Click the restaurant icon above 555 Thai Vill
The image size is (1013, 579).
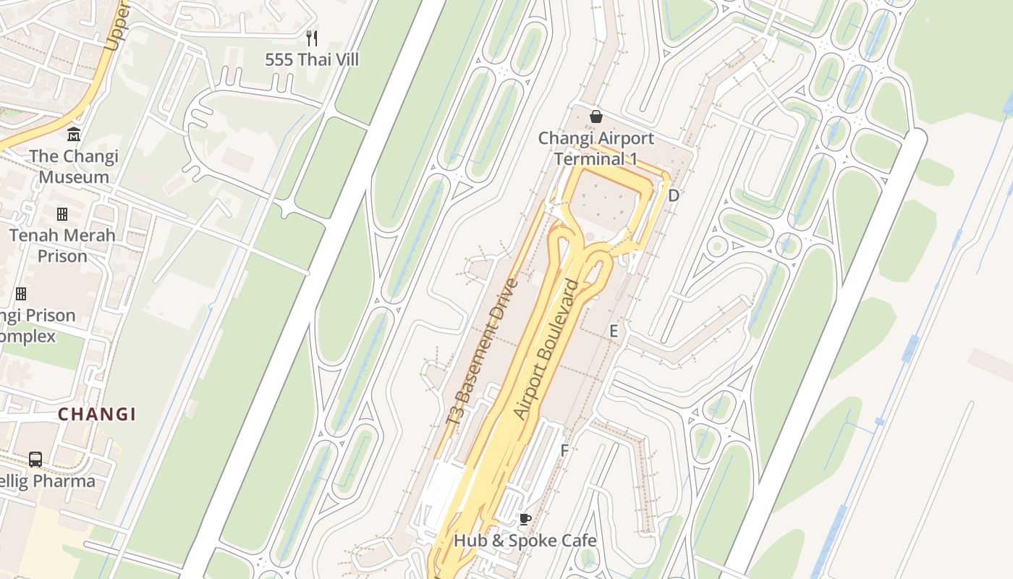coord(312,38)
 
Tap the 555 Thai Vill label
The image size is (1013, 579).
coord(312,59)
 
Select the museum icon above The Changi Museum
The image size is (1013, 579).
coord(74,135)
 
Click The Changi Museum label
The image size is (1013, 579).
coord(74,166)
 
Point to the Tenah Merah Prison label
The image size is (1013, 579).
coord(62,245)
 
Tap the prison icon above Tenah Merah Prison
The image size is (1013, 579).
coord(62,214)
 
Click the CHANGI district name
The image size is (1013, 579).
coord(97,415)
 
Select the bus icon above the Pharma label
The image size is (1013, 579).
coord(35,459)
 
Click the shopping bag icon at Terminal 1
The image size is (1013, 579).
coord(595,117)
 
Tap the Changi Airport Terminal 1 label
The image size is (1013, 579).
coord(595,148)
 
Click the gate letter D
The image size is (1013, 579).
coord(674,195)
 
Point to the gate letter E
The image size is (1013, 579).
coord(614,331)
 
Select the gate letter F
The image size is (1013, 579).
coord(564,450)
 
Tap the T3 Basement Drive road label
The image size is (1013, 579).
coord(483,352)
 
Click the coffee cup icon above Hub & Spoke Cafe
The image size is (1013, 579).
coord(525,519)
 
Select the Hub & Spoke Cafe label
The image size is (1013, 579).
coord(525,541)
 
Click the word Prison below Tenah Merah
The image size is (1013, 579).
coord(62,256)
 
